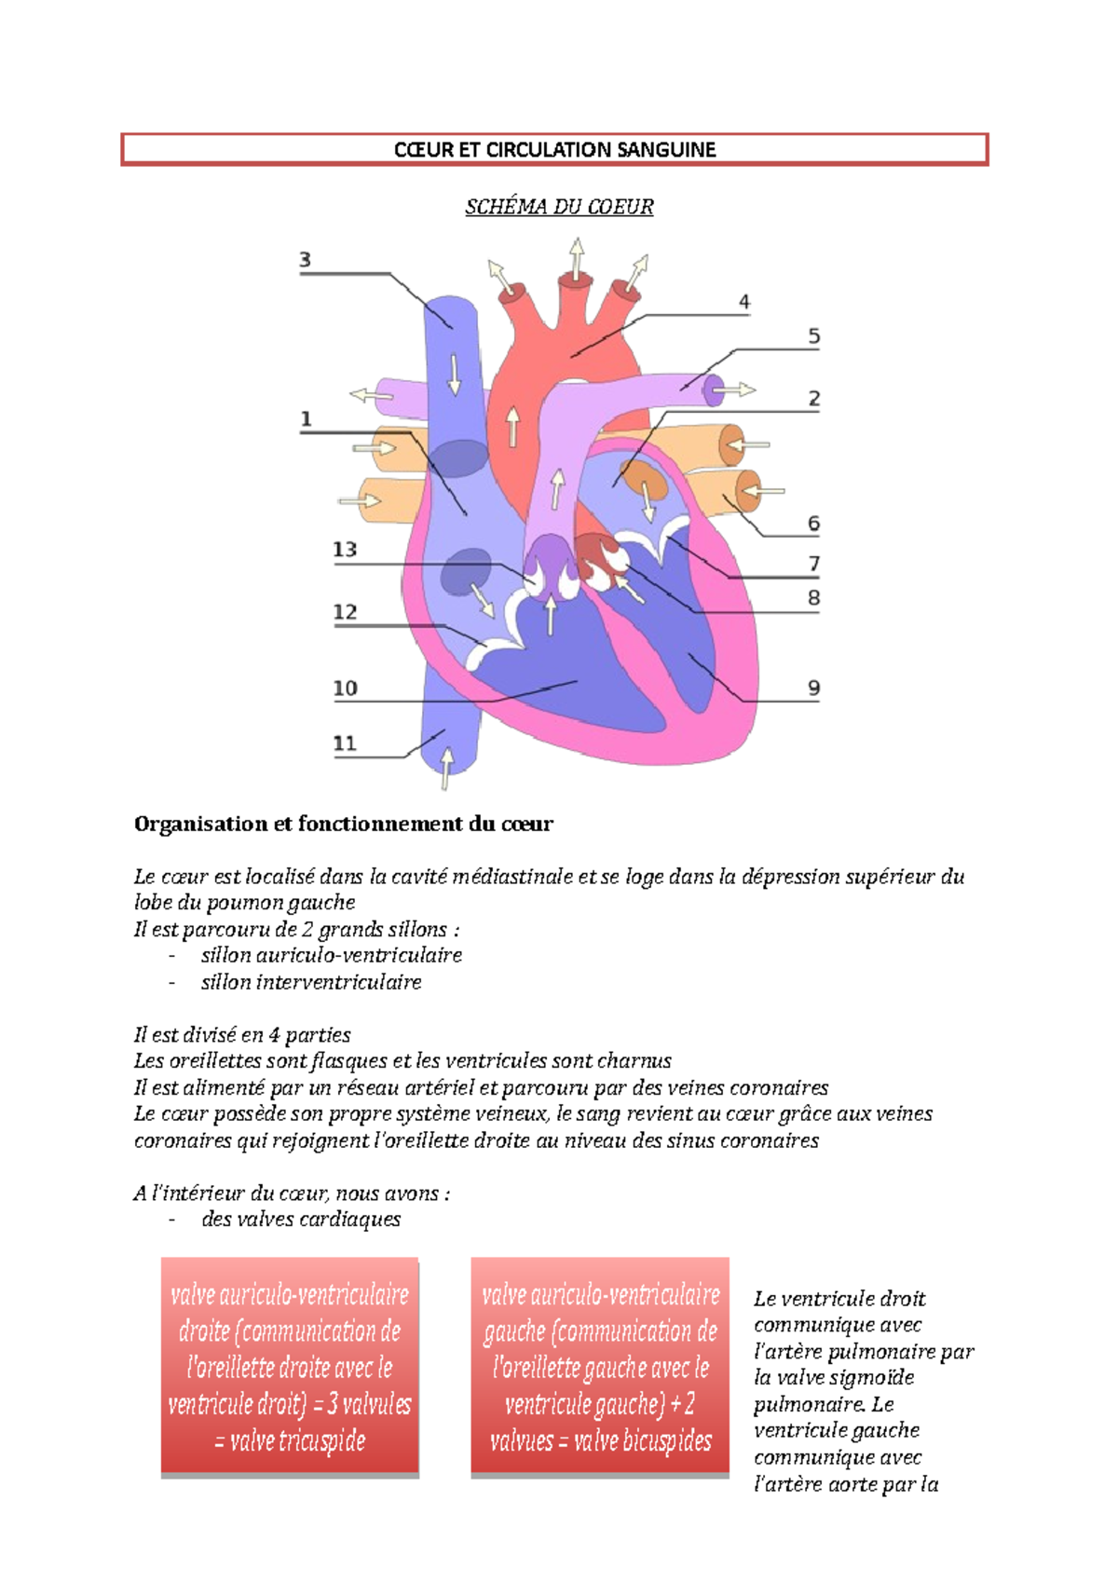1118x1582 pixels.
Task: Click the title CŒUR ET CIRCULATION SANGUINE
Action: click(554, 150)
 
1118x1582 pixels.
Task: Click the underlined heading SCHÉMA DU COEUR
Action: click(559, 207)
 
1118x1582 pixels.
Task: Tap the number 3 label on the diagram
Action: click(305, 260)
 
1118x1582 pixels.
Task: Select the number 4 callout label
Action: click(743, 302)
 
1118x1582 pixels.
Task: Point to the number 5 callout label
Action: click(813, 336)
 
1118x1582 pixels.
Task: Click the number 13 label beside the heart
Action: click(345, 550)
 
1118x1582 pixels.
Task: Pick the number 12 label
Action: click(345, 612)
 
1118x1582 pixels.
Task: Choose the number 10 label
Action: click(345, 689)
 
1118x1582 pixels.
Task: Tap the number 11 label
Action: click(345, 743)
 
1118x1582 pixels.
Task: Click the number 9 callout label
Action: click(813, 689)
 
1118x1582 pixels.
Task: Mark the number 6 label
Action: click(813, 524)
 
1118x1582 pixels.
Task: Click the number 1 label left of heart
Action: click(306, 420)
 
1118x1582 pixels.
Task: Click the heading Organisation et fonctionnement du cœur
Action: click(344, 824)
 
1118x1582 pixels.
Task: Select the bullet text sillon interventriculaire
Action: click(311, 982)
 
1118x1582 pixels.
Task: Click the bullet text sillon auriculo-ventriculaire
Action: click(331, 955)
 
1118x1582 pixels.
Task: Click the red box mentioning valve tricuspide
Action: click(290, 1367)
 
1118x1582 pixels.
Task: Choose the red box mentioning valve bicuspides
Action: click(600, 1367)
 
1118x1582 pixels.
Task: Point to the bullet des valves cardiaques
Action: click(301, 1220)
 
